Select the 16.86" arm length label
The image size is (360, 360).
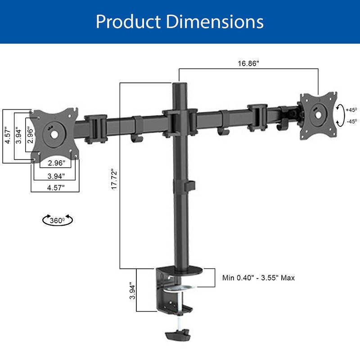pos(248,63)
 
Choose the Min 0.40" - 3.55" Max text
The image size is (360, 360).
pos(258,278)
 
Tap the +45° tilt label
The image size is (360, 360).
pos(351,109)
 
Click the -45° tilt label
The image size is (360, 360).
pos(351,121)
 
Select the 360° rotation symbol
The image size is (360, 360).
pos(57,220)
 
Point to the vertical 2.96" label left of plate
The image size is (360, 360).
pos(30,134)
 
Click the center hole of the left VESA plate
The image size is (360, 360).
pos(54,134)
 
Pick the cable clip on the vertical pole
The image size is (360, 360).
pos(191,185)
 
